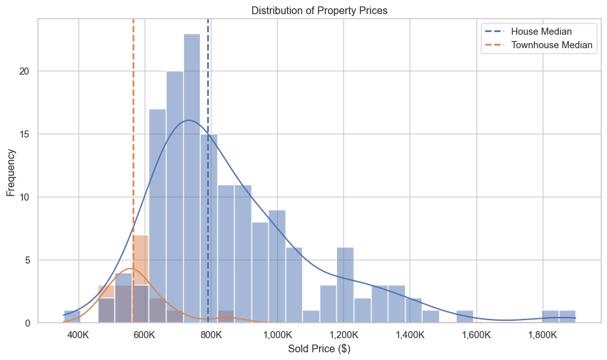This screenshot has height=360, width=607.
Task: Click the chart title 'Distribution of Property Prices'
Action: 319,10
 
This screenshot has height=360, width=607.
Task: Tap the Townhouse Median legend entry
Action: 551,45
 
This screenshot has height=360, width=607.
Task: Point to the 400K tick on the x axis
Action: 78,336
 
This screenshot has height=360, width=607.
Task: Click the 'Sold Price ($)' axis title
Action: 319,349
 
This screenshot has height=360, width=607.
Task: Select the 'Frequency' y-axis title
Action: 11,173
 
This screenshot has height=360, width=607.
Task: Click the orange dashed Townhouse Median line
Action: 133,161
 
